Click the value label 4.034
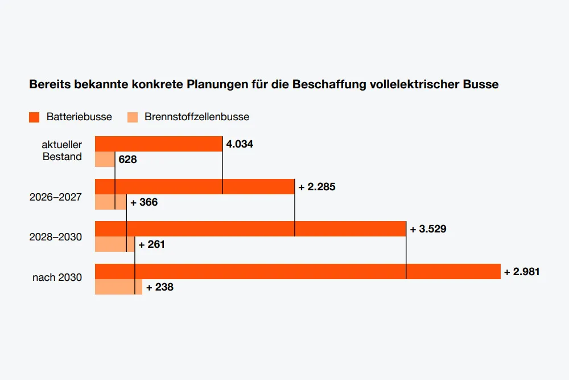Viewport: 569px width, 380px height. [x=240, y=144]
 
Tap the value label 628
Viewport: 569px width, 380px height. [x=127, y=159]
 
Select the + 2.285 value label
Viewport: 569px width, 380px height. [x=317, y=187]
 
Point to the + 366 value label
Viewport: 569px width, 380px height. [x=144, y=202]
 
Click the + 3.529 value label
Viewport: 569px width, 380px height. [x=428, y=229]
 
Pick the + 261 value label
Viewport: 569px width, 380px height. [x=152, y=244]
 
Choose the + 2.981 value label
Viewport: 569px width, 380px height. [x=522, y=272]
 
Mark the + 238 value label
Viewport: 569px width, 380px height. [x=160, y=287]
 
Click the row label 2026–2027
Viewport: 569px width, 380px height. [x=56, y=197]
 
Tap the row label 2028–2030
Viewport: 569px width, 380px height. [x=56, y=237]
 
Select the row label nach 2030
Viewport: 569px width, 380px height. [x=57, y=277]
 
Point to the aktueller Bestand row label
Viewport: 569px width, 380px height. [x=61, y=150]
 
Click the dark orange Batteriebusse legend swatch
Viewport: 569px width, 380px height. [x=34, y=117]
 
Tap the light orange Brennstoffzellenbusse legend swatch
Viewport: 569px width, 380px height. [x=133, y=117]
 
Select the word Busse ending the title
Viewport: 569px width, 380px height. [x=481, y=84]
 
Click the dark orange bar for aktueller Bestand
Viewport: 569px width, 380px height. [x=159, y=144]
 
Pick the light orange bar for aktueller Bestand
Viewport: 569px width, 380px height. [x=105, y=159]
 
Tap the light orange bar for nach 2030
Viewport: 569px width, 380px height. [x=119, y=287]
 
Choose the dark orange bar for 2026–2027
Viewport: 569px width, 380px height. [x=195, y=186]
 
